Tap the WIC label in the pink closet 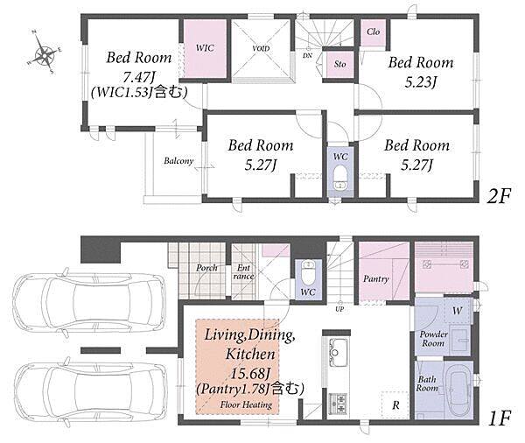205,48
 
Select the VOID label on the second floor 261,48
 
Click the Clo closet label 373,32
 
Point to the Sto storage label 339,64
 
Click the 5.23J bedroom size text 421,82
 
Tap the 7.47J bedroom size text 138,77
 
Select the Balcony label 178,161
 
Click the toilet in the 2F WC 340,178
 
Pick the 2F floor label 499,196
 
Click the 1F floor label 500,418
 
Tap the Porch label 206,268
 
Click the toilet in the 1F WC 308,272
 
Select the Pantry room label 375,278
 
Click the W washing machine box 458,310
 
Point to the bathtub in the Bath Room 458,390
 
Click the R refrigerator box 395,404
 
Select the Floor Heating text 246,404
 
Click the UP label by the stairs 339,309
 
